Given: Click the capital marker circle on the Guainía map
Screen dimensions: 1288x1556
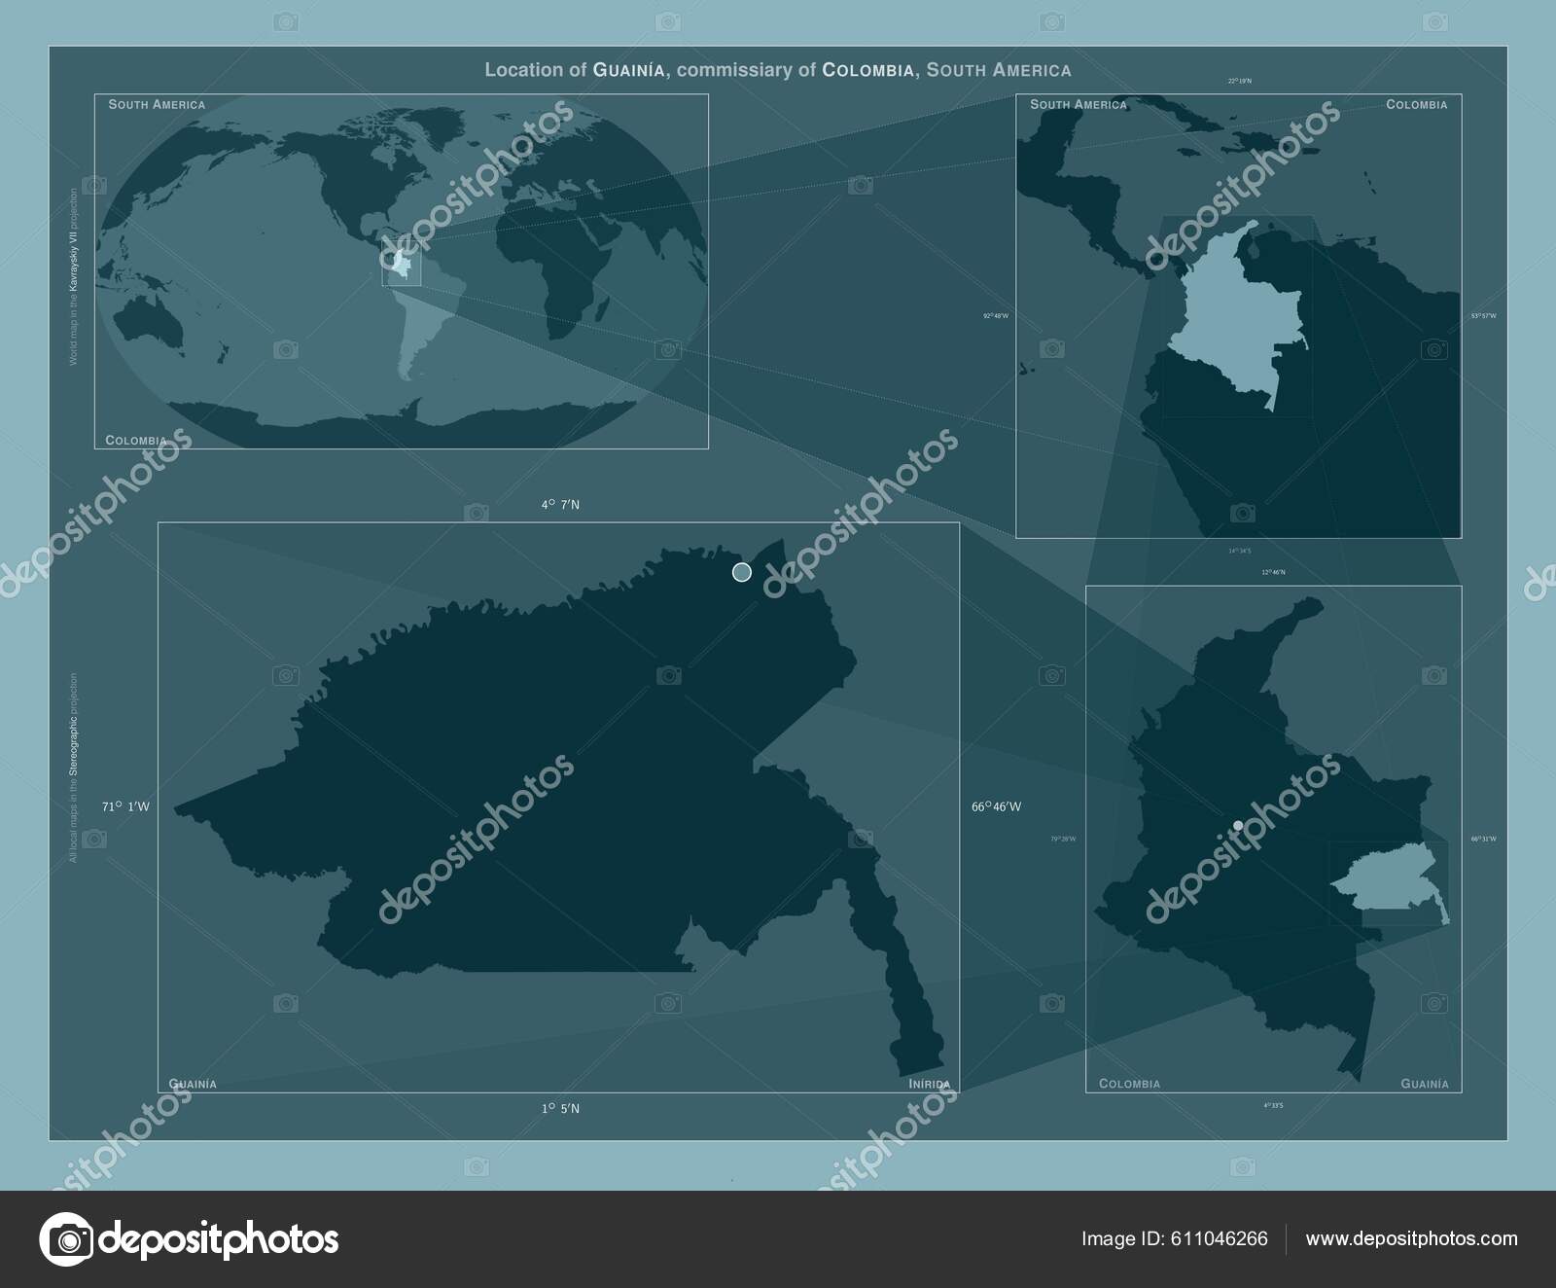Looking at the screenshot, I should [x=741, y=572].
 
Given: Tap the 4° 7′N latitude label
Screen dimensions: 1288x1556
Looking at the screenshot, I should [x=561, y=505].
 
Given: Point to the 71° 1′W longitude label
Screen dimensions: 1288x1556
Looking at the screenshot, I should [x=125, y=806].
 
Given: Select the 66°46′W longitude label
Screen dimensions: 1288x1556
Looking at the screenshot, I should [x=996, y=806].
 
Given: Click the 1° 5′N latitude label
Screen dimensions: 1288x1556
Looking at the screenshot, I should [x=561, y=1108].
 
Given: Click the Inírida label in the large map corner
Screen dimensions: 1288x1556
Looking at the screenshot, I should [x=930, y=1084].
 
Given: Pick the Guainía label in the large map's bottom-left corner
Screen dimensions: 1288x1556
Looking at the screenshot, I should [x=193, y=1084].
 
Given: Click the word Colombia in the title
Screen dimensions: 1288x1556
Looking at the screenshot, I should [x=867, y=70].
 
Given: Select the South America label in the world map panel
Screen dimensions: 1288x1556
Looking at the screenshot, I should [x=157, y=104].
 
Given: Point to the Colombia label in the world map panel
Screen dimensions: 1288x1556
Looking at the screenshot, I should [x=136, y=441].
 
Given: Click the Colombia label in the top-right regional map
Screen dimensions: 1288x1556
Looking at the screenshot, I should [x=1416, y=104].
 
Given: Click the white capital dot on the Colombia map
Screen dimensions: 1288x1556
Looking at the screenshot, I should [x=1238, y=825].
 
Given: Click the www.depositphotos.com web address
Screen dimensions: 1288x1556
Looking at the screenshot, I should [x=1411, y=1238].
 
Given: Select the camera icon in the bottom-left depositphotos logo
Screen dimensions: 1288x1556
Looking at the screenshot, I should [x=66, y=1238].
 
